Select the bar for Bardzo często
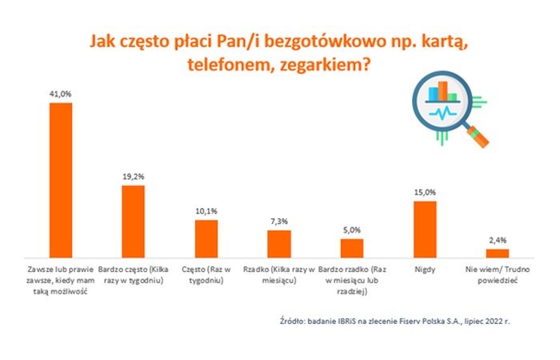[133, 220]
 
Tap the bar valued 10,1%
[206, 238]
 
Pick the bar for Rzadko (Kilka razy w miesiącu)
[279, 242]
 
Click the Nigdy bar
[425, 228]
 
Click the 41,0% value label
[61, 94]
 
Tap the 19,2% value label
[133, 177]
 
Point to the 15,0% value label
[425, 193]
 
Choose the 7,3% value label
[279, 222]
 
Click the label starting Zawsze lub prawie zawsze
[61, 277]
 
